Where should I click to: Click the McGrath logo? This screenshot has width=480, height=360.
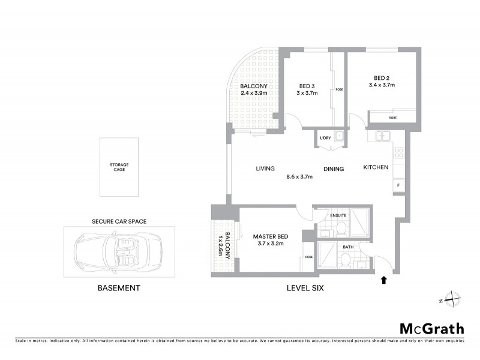pyautogui.click(x=432, y=328)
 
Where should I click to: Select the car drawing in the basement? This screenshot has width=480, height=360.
pyautogui.click(x=119, y=251)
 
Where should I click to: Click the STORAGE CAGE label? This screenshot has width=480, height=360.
pyautogui.click(x=119, y=167)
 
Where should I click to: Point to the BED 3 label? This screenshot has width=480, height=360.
pyautogui.click(x=307, y=86)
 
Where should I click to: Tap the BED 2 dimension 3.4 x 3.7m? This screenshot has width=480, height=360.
pyautogui.click(x=382, y=85)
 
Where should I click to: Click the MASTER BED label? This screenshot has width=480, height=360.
pyautogui.click(x=270, y=236)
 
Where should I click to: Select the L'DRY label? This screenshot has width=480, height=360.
pyautogui.click(x=325, y=139)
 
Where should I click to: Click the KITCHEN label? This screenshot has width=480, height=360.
pyautogui.click(x=376, y=167)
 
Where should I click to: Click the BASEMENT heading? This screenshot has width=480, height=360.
pyautogui.click(x=119, y=288)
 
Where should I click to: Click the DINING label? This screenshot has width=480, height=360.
pyautogui.click(x=334, y=169)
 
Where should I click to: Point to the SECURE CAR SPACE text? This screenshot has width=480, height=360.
pyautogui.click(x=119, y=221)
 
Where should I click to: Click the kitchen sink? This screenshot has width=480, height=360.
pyautogui.click(x=382, y=136)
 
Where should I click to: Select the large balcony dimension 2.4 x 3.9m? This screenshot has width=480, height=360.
pyautogui.click(x=254, y=93)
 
